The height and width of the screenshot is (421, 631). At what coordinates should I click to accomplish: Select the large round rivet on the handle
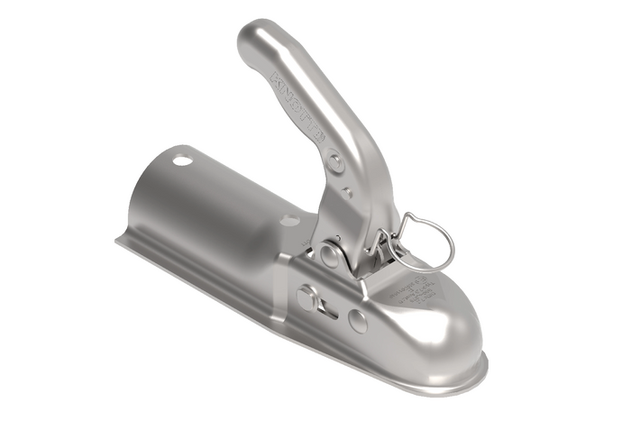(335, 162)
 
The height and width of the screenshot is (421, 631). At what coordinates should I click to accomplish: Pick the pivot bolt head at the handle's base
(330, 255)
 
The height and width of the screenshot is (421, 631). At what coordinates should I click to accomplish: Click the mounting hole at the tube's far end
(183, 161)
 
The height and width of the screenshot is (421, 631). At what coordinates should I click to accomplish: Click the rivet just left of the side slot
(307, 297)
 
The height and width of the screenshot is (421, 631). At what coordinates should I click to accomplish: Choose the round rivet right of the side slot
(359, 321)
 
